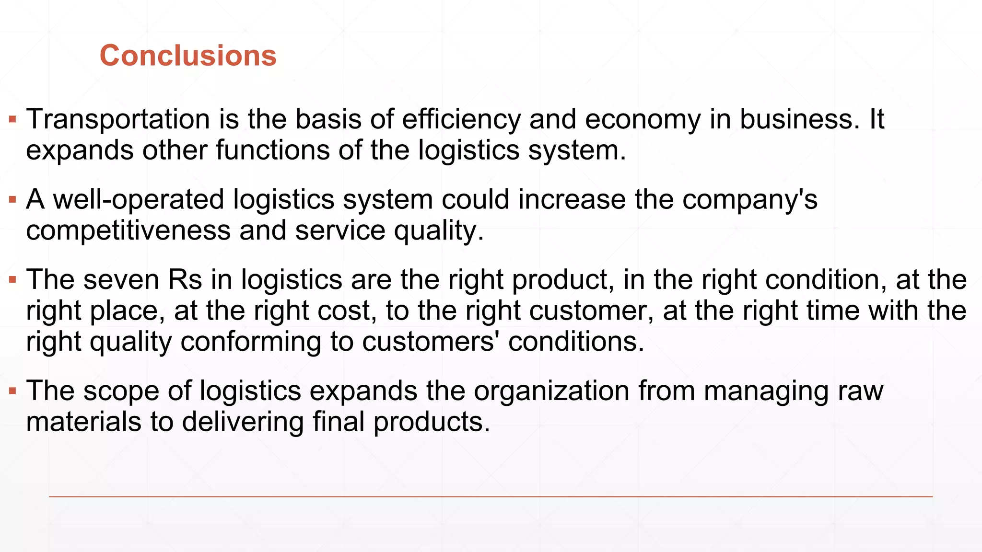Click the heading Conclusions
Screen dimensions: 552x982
click(188, 56)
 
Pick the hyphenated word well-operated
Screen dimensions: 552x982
click(139, 199)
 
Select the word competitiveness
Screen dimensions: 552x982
click(129, 230)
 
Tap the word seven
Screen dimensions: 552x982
click(121, 280)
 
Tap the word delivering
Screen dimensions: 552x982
click(243, 422)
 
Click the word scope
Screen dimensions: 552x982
click(121, 391)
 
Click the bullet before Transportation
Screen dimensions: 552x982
click(13, 119)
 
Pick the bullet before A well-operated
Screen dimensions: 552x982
click(13, 199)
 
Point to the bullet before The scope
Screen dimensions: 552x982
click(13, 391)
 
